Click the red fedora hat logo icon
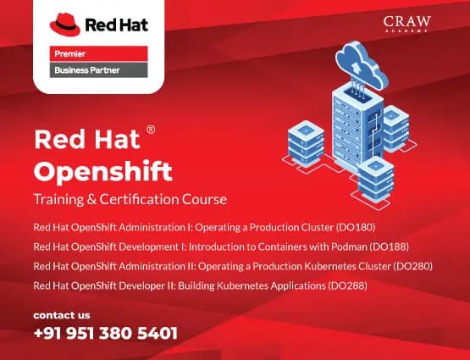tap(66, 23)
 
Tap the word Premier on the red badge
tap(69, 53)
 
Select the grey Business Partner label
tap(87, 70)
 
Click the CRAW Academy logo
tap(406, 25)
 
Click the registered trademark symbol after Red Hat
tap(151, 130)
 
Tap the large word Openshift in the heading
tap(102, 172)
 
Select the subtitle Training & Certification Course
tap(130, 200)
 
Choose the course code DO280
tap(413, 266)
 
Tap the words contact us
tap(61, 314)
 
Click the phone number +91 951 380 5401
tap(106, 333)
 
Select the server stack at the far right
tap(395, 127)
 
